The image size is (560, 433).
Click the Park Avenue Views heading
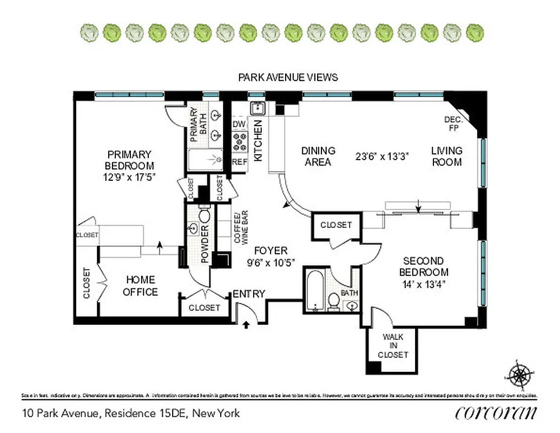[288, 77]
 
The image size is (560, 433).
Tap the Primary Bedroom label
[129, 160]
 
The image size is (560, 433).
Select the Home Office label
[140, 286]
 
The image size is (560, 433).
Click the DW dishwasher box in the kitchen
[239, 124]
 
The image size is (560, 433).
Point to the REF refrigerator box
[239, 162]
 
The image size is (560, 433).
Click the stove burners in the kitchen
[239, 142]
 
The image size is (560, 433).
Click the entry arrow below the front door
[247, 325]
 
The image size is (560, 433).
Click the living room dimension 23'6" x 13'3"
[382, 156]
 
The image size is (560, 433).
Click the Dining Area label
[318, 156]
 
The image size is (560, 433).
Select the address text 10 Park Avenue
[61, 414]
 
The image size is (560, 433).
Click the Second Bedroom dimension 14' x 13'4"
[424, 284]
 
